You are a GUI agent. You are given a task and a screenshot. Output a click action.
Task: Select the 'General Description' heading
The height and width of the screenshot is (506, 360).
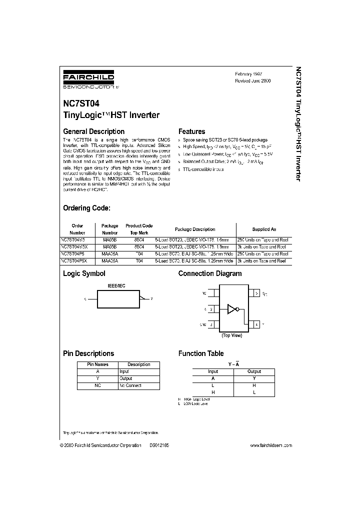tap(93, 131)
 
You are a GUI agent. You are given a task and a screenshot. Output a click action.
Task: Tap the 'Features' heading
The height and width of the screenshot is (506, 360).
tap(191, 131)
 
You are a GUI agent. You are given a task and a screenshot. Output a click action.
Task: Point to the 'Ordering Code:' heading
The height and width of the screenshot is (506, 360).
tap(86, 208)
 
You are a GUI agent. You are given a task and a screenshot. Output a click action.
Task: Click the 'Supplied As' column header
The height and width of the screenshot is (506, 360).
tap(264, 229)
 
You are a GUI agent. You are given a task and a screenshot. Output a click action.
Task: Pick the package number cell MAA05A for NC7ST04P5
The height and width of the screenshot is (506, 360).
tap(109, 253)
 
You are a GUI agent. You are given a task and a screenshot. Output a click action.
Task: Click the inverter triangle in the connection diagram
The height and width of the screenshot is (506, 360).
tap(232, 308)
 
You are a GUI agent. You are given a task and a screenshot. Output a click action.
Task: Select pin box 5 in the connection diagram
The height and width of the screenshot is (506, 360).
tap(255, 293)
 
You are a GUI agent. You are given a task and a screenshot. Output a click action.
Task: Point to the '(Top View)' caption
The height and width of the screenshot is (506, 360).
tap(231, 335)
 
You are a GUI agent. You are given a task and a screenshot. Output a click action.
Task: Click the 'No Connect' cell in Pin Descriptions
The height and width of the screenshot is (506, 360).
tap(130, 385)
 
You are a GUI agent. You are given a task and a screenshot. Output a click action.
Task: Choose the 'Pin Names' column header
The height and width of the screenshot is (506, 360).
tap(97, 364)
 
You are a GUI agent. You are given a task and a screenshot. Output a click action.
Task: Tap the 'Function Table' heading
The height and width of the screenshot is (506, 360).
tap(201, 353)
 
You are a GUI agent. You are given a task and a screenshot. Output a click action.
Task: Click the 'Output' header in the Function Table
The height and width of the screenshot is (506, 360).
tap(254, 371)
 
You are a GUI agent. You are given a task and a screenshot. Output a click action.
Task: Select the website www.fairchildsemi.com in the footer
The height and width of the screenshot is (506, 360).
tap(271, 445)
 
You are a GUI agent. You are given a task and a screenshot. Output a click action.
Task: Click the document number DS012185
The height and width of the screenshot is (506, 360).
tap(159, 445)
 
